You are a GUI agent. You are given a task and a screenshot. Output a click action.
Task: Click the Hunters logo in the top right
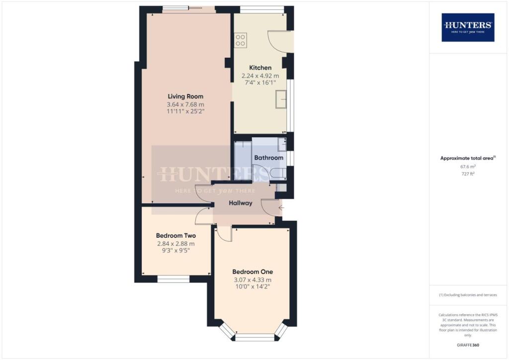pos(468,27)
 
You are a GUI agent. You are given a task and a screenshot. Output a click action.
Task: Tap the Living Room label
pos(185,96)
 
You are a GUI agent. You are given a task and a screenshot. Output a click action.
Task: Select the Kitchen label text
pos(260,68)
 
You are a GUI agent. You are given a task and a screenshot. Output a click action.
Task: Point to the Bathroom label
pos(268,158)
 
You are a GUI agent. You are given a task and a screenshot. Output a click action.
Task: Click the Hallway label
pos(241,203)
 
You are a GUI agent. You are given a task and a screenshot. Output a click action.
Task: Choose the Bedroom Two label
pos(176,236)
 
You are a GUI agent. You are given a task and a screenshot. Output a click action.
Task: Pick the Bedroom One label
pos(253,272)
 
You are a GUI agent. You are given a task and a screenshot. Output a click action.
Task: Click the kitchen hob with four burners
pos(241,40)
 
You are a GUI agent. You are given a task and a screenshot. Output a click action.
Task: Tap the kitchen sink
pos(282,99)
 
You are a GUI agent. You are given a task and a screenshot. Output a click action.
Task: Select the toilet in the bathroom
pos(277,173)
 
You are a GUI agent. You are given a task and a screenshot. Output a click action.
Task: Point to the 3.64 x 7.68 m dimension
pos(185,104)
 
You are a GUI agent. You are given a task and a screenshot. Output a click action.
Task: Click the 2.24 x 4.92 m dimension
pos(260,76)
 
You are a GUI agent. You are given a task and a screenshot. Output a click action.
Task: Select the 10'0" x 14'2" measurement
pos(253,287)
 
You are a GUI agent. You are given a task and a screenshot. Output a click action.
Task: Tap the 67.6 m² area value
pos(468,168)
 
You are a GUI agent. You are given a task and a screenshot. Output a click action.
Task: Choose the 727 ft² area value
pos(468,175)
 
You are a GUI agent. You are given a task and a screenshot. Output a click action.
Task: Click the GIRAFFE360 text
pos(468,345)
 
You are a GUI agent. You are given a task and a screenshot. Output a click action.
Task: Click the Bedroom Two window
pos(173,279)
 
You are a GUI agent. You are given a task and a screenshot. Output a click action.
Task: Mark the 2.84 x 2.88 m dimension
pos(176,244)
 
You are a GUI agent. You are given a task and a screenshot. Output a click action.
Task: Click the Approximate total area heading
pos(468,158)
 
